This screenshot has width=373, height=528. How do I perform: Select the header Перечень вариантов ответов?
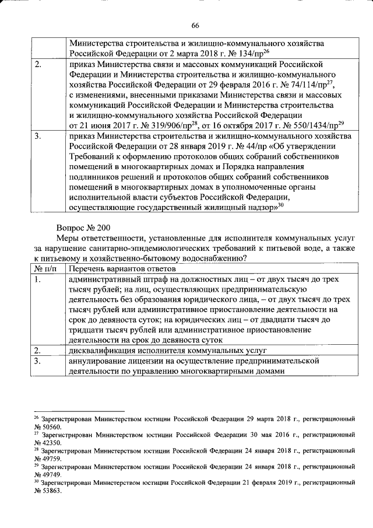click(122, 269)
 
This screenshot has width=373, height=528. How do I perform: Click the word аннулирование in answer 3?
click(97, 362)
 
